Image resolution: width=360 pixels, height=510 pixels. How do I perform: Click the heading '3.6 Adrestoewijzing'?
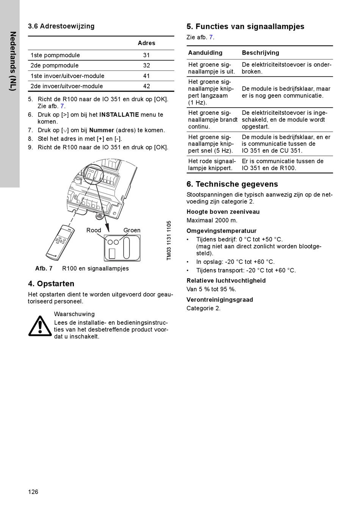pos(61,26)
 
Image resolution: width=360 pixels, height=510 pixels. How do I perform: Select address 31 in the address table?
pos(146,55)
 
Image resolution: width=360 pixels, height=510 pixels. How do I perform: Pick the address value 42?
pos(146,86)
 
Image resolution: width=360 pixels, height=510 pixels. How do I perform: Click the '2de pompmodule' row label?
pos(55,66)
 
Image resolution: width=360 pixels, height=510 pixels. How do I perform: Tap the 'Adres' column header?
pos(146,43)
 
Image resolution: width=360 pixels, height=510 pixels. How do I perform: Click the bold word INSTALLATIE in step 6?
pos(119,114)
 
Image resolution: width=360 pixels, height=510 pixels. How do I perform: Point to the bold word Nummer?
pos(102,130)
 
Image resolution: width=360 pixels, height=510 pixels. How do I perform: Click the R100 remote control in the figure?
pos(60,242)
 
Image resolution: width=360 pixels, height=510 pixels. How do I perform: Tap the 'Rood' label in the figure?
pos(94,230)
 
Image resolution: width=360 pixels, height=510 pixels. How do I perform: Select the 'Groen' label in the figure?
pos(132,230)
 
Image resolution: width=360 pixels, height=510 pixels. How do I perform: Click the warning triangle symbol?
pos(40,326)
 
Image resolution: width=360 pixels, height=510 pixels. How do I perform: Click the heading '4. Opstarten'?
pos(51,284)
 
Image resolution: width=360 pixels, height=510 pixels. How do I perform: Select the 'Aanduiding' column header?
pos(205,53)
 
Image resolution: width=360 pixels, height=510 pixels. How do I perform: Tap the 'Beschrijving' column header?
pos(260,53)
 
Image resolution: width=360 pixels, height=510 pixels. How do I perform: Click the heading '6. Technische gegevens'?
pos(232,184)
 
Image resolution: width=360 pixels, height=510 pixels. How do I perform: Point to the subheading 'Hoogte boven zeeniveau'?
pos(223,212)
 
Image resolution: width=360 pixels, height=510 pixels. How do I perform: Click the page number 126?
pos(33,492)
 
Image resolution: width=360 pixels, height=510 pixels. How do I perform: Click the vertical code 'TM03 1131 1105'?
pos(169,240)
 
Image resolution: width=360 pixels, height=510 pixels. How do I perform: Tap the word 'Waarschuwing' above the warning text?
pos(74,314)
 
